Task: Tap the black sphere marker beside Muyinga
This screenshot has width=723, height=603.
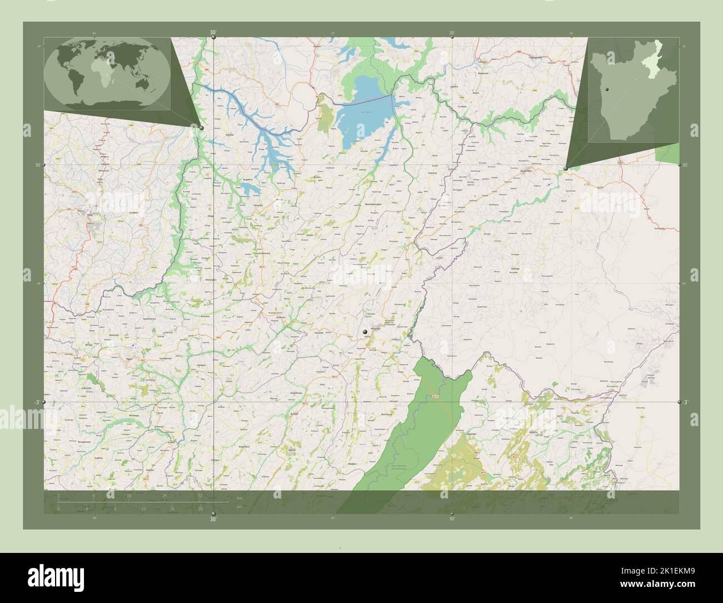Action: point(365,332)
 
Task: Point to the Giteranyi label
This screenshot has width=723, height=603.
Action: point(432,174)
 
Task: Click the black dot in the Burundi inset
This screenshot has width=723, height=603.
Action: point(608,90)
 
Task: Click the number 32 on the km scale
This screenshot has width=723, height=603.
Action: point(199,495)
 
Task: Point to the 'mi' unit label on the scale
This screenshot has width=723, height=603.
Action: point(238,507)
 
